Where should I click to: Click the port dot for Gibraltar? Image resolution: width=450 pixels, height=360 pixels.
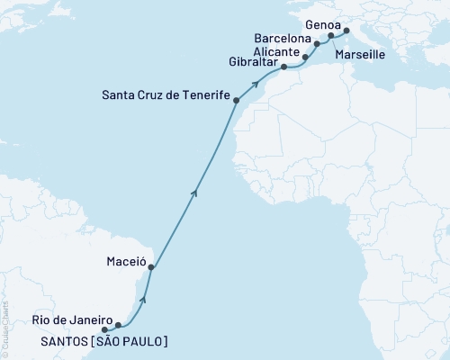pos(284,67)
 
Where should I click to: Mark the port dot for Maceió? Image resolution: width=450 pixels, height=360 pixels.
pos(151,267)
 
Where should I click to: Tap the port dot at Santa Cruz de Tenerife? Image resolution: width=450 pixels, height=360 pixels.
pos(236,101)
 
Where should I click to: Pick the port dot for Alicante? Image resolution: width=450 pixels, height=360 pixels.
pos(305,57)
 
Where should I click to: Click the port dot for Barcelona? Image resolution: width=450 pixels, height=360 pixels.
pos(317,42)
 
